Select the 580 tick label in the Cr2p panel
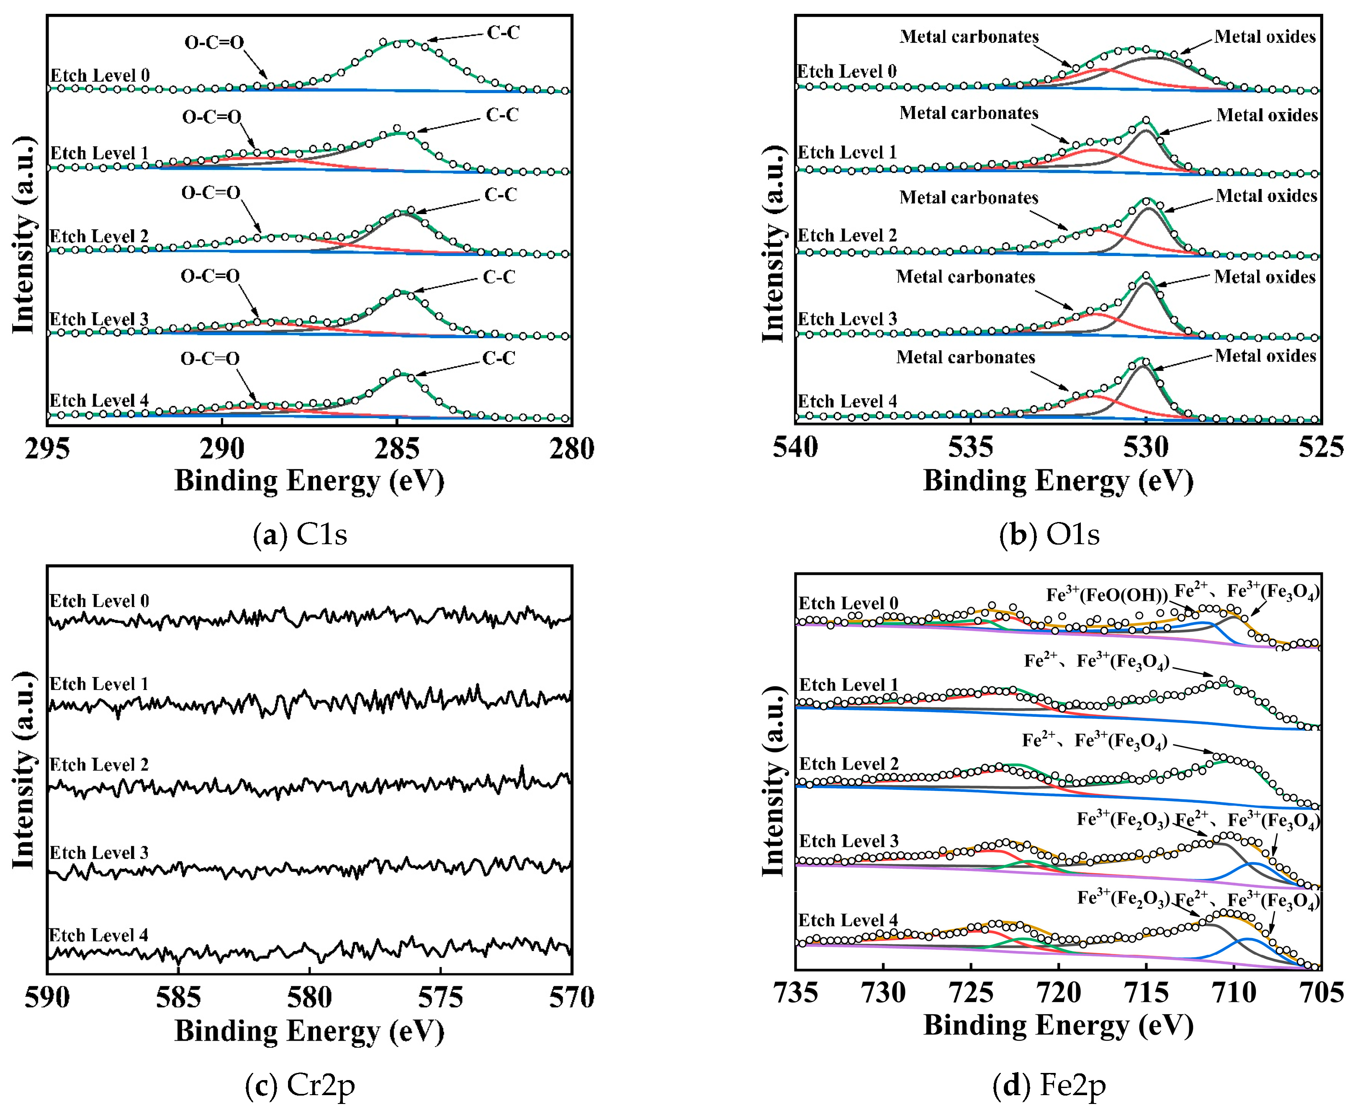pyautogui.click(x=309, y=997)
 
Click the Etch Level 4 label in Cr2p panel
pyautogui.click(x=99, y=935)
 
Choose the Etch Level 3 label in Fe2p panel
pyautogui.click(x=848, y=841)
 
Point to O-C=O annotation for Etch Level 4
pyautogui.click(x=210, y=359)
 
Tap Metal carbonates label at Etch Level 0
pyautogui.click(x=969, y=36)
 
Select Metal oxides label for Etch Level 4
pyautogui.click(x=1265, y=356)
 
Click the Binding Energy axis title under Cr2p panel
pyautogui.click(x=309, y=1031)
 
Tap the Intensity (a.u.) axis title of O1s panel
pyautogui.click(x=774, y=244)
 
